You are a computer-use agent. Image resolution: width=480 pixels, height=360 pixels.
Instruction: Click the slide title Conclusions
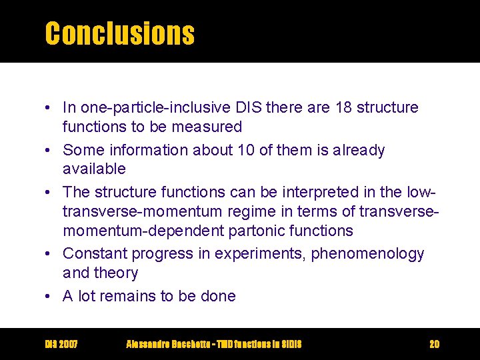coord(119,33)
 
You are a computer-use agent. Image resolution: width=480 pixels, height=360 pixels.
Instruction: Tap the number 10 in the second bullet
coord(245,151)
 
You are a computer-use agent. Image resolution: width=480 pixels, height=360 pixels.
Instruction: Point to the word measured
coord(210,126)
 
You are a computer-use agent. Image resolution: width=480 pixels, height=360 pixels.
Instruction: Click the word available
coord(94,169)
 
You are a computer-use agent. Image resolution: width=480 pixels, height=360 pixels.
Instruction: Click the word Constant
coord(95,254)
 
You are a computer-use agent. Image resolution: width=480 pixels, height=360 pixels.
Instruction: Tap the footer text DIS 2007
coord(61,344)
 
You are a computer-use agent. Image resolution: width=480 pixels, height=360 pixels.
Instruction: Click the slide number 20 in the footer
coord(434,344)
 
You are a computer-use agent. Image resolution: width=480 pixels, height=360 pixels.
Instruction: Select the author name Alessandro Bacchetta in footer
coord(166,344)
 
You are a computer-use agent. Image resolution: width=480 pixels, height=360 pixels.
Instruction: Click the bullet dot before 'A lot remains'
coord(50,296)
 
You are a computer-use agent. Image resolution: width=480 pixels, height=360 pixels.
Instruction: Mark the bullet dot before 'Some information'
coord(50,151)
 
